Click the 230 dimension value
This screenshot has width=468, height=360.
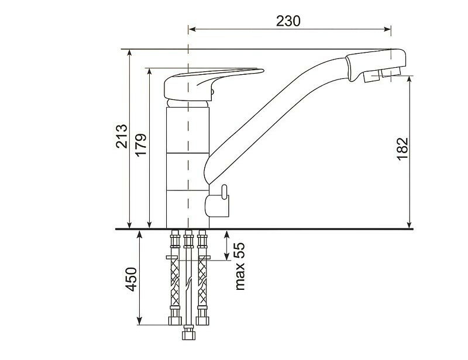pyautogui.click(x=288, y=21)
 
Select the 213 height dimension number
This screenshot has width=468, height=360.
pyautogui.click(x=122, y=136)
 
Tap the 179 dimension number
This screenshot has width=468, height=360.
pyautogui.click(x=140, y=144)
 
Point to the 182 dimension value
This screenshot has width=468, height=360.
pyautogui.click(x=402, y=149)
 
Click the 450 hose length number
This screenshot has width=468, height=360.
pyautogui.click(x=131, y=279)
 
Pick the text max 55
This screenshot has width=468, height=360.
pyautogui.click(x=239, y=266)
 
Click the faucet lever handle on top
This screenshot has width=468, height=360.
pyautogui.click(x=214, y=84)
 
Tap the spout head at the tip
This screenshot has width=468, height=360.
pyautogui.click(x=376, y=65)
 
